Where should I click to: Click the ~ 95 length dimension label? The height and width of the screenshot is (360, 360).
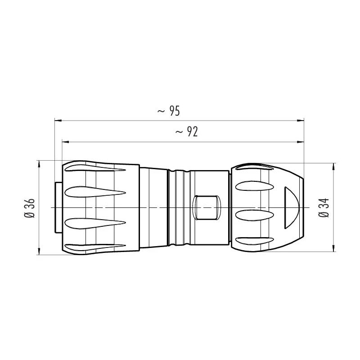click(169, 111)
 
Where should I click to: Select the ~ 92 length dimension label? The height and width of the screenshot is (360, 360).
click(186, 132)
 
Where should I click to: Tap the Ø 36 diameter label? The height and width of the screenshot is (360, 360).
click(29, 208)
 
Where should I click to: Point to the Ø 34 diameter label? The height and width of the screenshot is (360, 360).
click(324, 207)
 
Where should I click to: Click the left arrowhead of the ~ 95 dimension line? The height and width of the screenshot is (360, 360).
click(58, 120)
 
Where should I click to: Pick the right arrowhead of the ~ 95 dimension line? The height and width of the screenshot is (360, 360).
click(300, 120)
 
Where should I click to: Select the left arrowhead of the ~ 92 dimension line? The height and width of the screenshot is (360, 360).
click(66, 142)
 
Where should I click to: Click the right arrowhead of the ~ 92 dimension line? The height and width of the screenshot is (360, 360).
click(300, 142)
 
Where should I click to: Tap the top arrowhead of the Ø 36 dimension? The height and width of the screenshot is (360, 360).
click(39, 164)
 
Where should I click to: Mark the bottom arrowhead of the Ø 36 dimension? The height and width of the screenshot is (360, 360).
click(39, 251)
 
